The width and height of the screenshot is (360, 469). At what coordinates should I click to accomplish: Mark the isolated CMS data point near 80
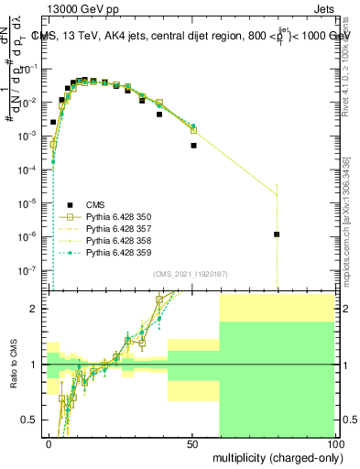click(277, 234)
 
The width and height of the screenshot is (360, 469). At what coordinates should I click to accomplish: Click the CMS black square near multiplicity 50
click(193, 145)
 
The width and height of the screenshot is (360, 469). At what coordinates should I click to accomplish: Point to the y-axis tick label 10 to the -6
click(34, 236)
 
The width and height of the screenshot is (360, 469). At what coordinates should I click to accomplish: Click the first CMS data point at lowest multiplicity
click(53, 121)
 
